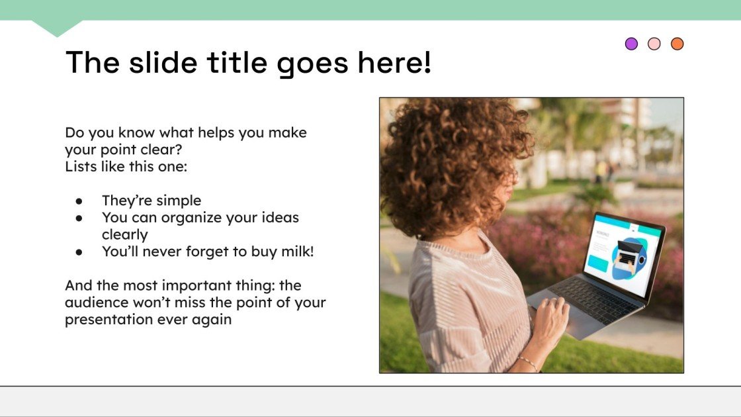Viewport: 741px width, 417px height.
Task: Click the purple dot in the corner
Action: (x=631, y=44)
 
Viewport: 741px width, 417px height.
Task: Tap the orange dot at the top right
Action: (x=677, y=44)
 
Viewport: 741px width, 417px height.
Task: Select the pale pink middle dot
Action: (x=654, y=44)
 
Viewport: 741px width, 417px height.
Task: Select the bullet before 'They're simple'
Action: (x=79, y=201)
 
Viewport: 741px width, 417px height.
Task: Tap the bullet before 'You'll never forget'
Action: (x=79, y=252)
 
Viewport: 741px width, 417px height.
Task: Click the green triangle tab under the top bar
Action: (x=57, y=27)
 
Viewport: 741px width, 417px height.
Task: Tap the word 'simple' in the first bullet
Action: (x=179, y=201)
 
